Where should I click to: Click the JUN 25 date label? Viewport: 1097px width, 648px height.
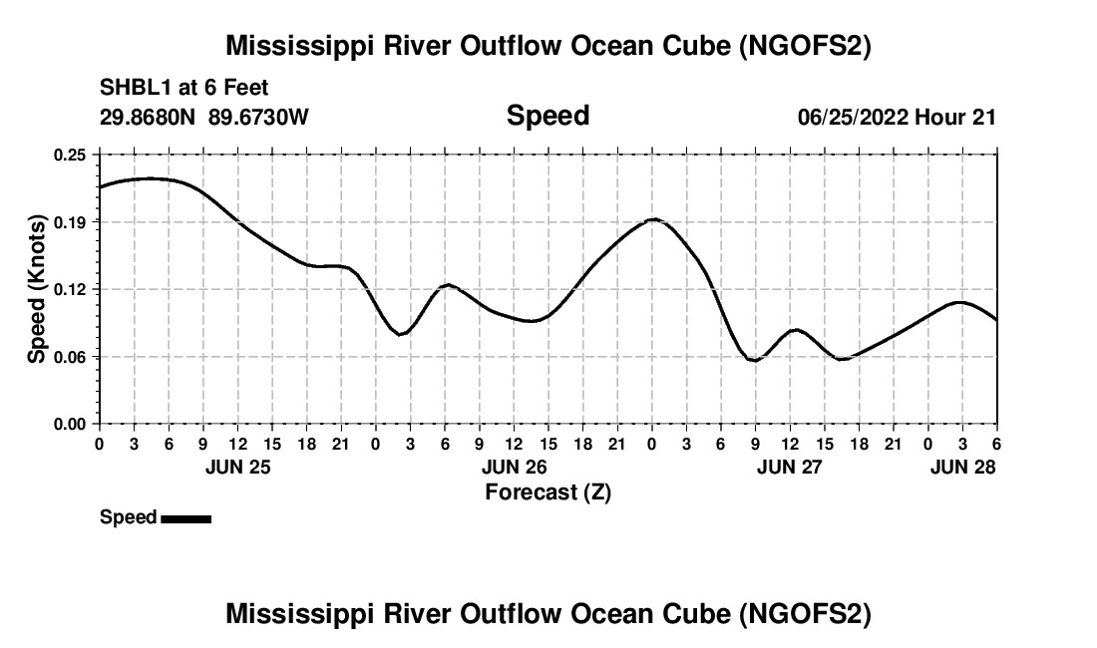237,467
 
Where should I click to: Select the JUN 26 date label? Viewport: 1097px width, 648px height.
514,467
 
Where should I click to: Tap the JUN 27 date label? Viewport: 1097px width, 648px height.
789,467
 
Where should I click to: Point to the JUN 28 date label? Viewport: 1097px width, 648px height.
962,467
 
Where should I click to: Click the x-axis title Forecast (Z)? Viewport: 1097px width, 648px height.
548,492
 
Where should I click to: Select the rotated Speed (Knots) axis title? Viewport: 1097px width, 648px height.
37,289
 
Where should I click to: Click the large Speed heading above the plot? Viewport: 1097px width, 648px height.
548,116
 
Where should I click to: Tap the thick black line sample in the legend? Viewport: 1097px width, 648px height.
185,518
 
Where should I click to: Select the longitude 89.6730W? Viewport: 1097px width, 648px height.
259,117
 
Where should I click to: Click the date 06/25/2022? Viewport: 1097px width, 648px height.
853,117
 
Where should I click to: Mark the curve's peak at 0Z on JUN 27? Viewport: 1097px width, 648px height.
653,218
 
